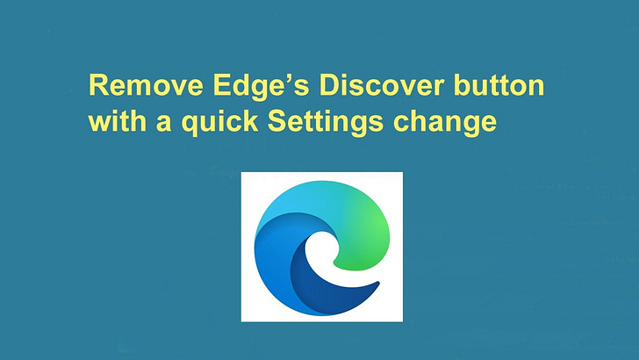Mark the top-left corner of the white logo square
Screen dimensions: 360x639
click(242, 174)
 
